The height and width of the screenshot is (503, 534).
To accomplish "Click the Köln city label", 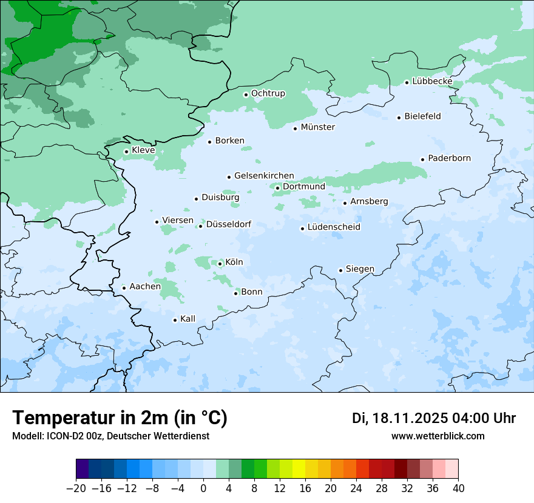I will [x=234, y=262].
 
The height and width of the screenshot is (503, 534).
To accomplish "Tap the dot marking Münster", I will [x=296, y=128].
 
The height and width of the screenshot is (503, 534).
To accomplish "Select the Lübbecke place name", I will [x=432, y=81].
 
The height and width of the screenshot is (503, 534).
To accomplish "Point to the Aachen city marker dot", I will [x=124, y=288].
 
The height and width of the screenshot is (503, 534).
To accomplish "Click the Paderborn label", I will [x=449, y=158].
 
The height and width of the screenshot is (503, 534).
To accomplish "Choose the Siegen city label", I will [x=360, y=269].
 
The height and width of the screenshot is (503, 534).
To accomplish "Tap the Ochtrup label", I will [x=268, y=93].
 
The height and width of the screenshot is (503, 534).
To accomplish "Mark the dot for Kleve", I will [x=127, y=152].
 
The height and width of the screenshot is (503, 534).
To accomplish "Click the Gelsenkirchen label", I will [x=264, y=176].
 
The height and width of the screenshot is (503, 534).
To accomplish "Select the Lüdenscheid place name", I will [x=334, y=227].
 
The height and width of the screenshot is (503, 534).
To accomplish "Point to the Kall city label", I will [x=188, y=319].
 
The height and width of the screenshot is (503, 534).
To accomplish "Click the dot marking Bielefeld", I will [x=399, y=118].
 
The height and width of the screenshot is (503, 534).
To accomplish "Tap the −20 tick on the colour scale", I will [x=76, y=488].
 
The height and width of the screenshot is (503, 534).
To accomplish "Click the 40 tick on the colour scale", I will [x=458, y=488].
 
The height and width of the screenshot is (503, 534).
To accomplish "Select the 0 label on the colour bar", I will [x=203, y=488].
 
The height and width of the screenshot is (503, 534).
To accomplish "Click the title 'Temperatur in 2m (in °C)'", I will [x=120, y=418].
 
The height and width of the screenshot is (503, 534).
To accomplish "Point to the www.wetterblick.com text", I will [x=438, y=436].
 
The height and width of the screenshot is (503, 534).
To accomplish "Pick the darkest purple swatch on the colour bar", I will [x=82, y=469].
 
